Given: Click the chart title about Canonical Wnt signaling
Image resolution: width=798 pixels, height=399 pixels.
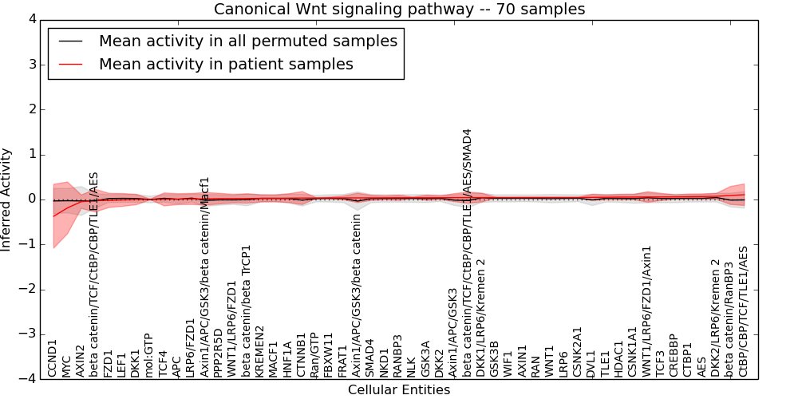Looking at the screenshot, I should pyautogui.click(x=399, y=10).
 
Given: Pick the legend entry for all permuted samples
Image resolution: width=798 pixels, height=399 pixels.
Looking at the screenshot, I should pyautogui.click(x=247, y=41).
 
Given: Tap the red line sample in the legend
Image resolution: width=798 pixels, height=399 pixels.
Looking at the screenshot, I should pyautogui.click(x=69, y=64).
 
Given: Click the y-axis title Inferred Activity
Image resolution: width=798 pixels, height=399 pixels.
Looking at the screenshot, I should pyautogui.click(x=7, y=199).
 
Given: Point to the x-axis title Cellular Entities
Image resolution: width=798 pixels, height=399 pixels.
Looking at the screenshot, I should pyautogui.click(x=399, y=390).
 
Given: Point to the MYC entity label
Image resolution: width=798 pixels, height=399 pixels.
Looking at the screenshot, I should pyautogui.click(x=66, y=365).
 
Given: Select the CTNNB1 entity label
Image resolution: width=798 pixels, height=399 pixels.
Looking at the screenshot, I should pyautogui.click(x=301, y=354).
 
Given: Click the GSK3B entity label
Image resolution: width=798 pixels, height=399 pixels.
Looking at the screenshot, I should pyautogui.click(x=494, y=358).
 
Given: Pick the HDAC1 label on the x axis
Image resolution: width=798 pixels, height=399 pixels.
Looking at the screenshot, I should pyautogui.click(x=618, y=358).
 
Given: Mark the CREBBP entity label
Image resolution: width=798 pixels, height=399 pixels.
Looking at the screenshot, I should pyautogui.click(x=674, y=355).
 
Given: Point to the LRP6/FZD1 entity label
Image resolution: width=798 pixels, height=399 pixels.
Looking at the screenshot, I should pyautogui.click(x=190, y=348).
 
